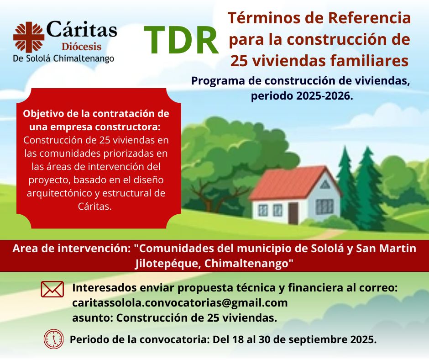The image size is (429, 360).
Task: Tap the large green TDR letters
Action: tap(181, 40)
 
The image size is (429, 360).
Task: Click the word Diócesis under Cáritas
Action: tap(82, 47)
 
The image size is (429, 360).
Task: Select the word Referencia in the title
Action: tap(369, 18)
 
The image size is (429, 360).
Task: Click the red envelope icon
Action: tap(52, 289)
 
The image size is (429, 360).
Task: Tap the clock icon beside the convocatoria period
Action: tap(54, 339)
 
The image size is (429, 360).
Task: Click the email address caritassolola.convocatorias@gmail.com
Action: tap(180, 303)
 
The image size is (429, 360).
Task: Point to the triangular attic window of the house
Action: tap(325, 185)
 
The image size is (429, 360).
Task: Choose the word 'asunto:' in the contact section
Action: tap(93, 318)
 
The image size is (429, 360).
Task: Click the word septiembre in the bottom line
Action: tap(318, 339)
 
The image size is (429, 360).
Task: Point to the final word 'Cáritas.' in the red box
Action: tap(94, 206)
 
